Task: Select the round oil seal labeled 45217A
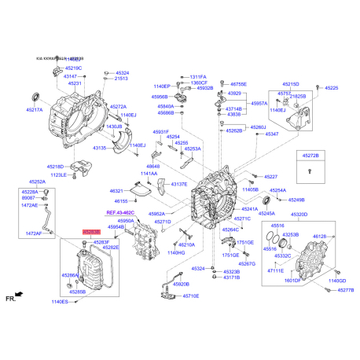tap(34, 96)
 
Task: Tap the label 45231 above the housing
tap(75, 83)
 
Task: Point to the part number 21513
tap(122, 79)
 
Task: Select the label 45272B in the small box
tap(311, 157)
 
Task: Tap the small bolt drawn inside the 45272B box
tap(311, 171)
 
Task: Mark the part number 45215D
tap(291, 83)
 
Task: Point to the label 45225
tap(332, 88)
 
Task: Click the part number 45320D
tap(299, 213)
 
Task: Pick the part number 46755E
tap(238, 83)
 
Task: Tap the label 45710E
tap(191, 296)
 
